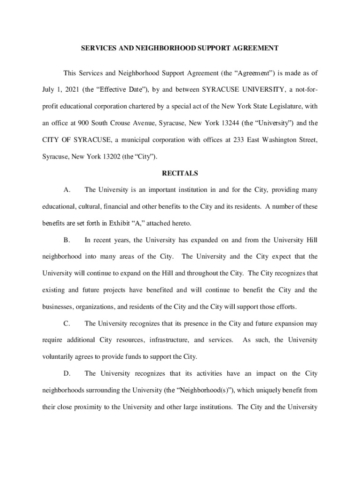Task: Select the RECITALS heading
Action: [180, 173]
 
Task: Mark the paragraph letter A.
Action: [67, 190]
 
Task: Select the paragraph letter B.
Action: [67, 240]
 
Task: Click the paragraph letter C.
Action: [67, 323]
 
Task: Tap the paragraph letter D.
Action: [67, 373]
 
